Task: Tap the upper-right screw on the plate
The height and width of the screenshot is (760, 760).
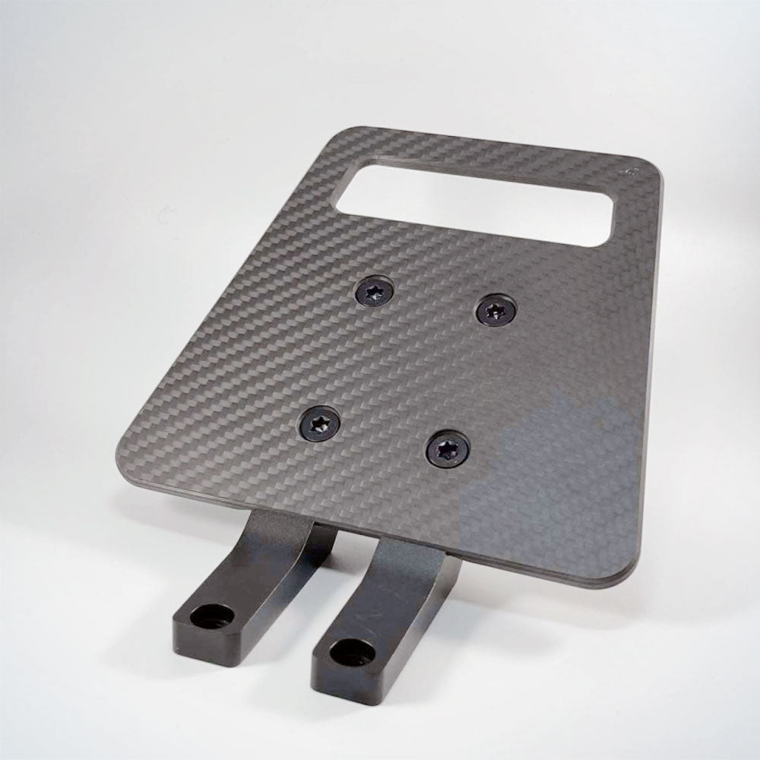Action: tap(496, 309)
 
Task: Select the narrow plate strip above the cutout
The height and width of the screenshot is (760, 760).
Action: tap(486, 152)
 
